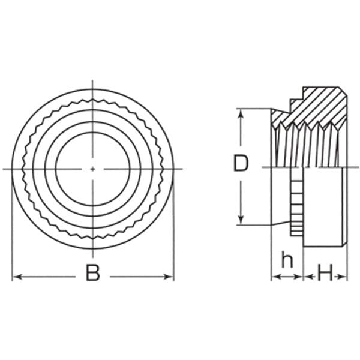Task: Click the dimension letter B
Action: pos(93,273)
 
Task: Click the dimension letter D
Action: pos(241,163)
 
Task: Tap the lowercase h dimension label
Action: pos(287,260)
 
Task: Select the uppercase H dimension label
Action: pos(325,273)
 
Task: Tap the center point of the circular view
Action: pos(92,169)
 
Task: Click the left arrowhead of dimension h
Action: pos(275,277)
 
